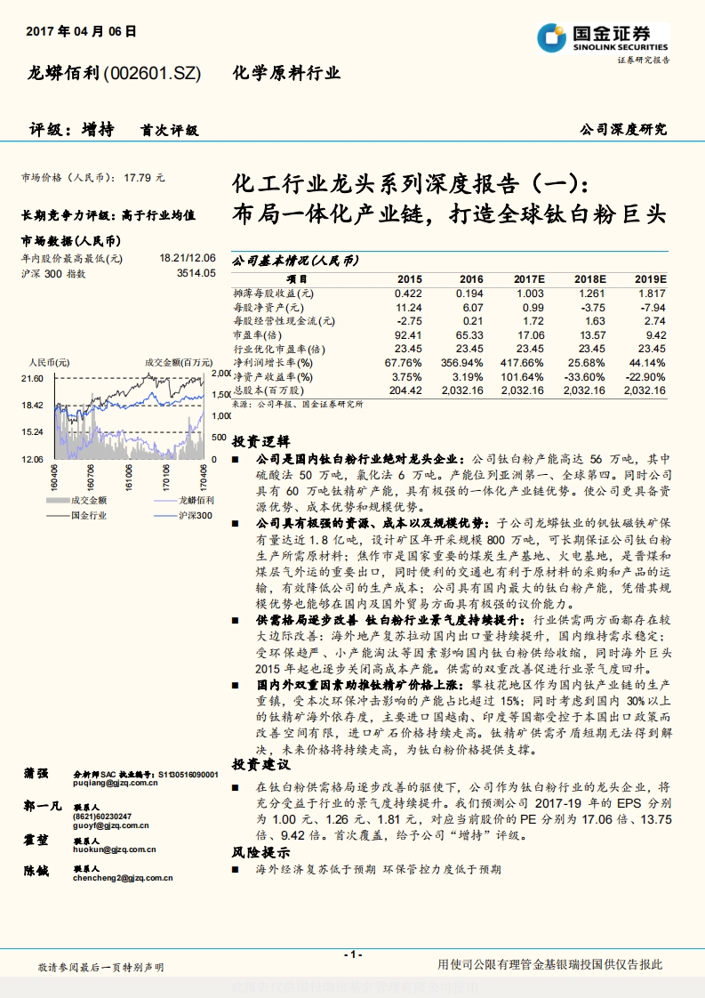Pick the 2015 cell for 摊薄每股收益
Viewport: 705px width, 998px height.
409,293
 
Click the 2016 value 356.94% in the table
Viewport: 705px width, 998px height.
463,363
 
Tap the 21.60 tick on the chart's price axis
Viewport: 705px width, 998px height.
32,378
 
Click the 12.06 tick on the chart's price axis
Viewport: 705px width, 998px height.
32,458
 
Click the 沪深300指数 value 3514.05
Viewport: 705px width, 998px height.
196,273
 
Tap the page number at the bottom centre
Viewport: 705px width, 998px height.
352,954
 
